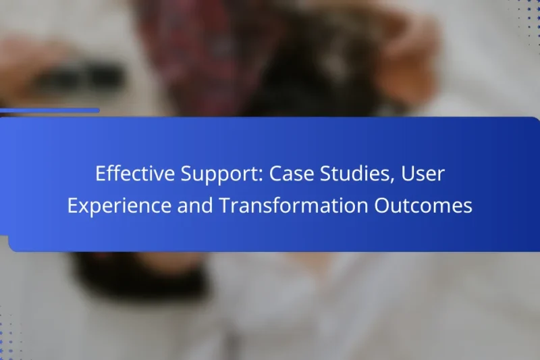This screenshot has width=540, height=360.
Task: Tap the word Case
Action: pos(292,175)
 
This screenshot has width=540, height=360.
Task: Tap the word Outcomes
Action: pos(423,206)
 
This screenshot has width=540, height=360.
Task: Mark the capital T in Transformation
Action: pos(223,206)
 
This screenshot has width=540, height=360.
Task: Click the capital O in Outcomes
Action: pos(382,206)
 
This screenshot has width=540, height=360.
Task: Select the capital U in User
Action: pos(406,175)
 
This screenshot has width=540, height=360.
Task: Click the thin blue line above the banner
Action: pos(50,110)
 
